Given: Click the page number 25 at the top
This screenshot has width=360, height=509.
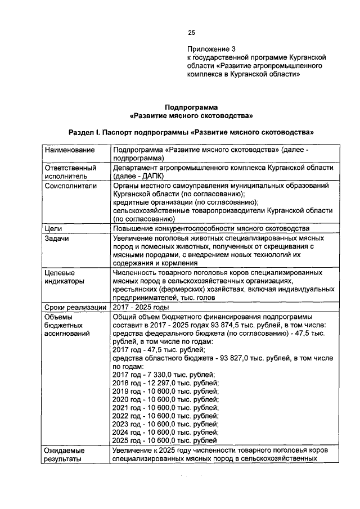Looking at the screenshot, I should coord(191,33).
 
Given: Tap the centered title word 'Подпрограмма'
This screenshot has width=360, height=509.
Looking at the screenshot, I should coord(191,107).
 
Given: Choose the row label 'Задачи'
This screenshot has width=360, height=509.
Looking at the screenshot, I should coord(57,238).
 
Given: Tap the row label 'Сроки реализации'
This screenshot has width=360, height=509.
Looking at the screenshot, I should coord(75,307).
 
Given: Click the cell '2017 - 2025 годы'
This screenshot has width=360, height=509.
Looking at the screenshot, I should coord(141,307).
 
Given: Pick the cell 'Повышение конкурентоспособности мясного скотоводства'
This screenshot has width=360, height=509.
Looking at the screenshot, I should coord(211,228).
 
